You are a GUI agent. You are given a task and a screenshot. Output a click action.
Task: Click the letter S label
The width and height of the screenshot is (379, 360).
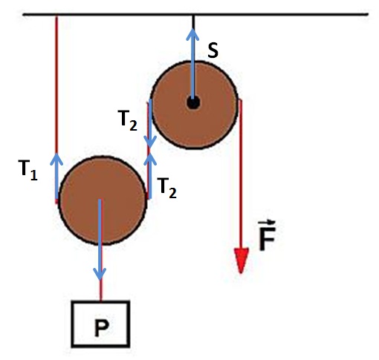(x=213, y=50)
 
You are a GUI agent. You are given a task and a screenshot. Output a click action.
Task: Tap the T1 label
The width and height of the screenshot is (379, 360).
(x=27, y=170)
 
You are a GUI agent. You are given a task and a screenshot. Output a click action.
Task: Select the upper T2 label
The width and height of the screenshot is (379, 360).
(x=127, y=120)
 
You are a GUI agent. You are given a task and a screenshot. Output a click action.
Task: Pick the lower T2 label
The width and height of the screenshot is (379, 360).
(x=167, y=188)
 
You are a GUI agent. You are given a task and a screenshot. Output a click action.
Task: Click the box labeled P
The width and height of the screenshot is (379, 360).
(x=100, y=324)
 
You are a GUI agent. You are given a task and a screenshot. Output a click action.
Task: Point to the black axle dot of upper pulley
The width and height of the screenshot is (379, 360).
(x=193, y=102)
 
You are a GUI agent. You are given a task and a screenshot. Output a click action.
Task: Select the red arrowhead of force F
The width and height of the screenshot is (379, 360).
(x=242, y=261)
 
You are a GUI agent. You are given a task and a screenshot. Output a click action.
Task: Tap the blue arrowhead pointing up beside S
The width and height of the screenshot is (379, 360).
(x=192, y=34)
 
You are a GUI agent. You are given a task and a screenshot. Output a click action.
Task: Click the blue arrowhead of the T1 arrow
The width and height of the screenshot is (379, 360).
(x=56, y=159)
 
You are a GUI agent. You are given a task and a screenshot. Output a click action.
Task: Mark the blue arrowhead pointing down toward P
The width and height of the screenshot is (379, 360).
(x=100, y=274)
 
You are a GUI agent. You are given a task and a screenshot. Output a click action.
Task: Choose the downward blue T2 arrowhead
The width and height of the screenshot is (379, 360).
(x=150, y=142)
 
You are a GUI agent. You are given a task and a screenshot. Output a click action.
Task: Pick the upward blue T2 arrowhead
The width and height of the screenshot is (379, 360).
(x=150, y=159)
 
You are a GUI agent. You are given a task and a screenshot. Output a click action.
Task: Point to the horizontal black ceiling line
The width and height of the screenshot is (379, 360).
(x=195, y=15)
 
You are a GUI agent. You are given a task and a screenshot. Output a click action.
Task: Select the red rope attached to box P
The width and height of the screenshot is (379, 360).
(x=100, y=291)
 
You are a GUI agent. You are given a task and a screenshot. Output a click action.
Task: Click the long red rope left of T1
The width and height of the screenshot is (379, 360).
(x=56, y=84)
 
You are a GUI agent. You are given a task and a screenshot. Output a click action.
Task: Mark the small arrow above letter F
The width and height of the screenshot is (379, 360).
(x=267, y=222)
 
